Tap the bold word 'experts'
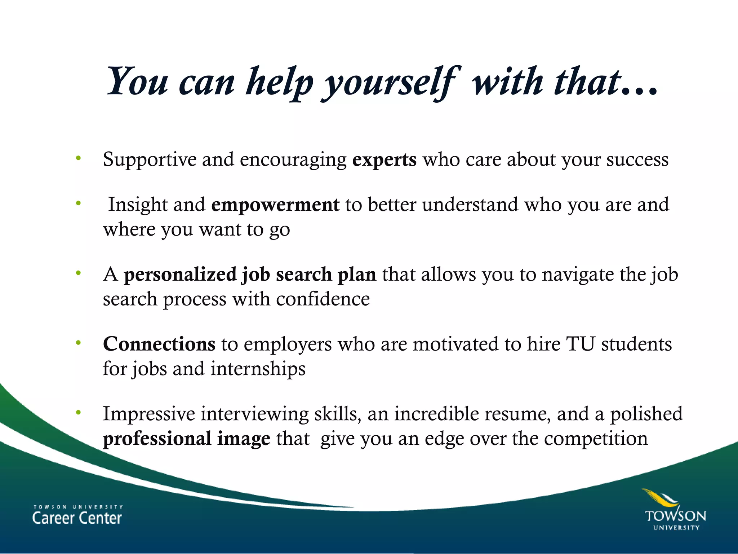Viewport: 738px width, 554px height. tap(384, 160)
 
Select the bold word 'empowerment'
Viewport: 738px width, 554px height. tap(275, 205)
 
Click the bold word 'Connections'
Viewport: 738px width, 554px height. tap(159, 344)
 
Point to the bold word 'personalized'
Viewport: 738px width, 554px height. tap(180, 275)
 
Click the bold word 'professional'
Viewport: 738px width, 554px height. tap(157, 439)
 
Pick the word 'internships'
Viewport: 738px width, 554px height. tap(258, 369)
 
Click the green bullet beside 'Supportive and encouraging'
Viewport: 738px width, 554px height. tap(78, 158)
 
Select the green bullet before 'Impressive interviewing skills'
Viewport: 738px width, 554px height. tap(78, 412)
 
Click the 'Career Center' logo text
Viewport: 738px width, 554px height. tap(77, 518)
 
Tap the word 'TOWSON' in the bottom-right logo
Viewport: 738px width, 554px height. tap(675, 516)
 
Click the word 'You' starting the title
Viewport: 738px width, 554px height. tap(138, 82)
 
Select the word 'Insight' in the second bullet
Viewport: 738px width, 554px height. tap(138, 205)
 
